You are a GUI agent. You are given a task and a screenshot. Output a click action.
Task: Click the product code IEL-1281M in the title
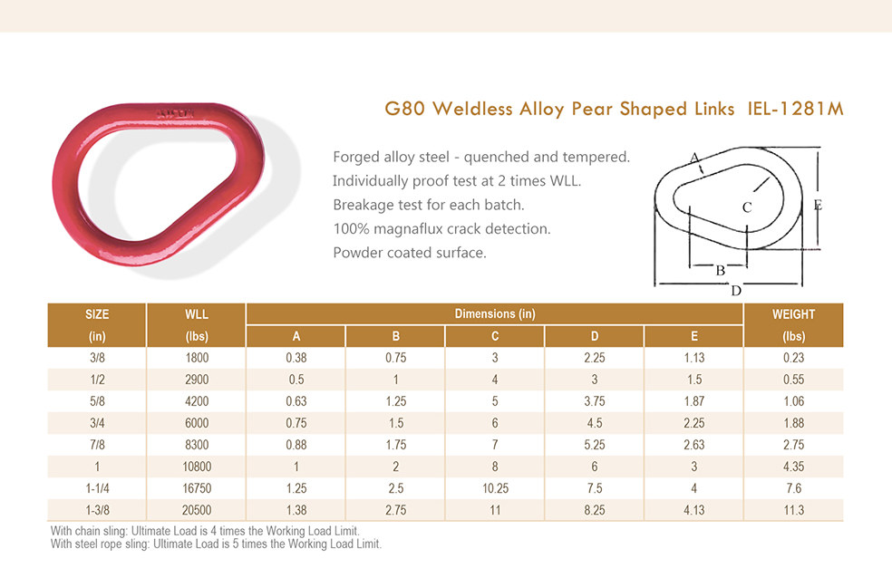pyautogui.click(x=796, y=110)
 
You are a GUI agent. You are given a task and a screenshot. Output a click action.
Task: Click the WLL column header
pyautogui.click(x=196, y=314)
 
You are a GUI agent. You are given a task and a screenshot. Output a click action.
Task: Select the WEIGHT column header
pyautogui.click(x=793, y=314)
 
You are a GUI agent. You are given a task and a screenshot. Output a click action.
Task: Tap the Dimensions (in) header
pyautogui.click(x=495, y=314)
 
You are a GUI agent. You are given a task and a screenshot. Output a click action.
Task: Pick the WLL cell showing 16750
pyautogui.click(x=196, y=488)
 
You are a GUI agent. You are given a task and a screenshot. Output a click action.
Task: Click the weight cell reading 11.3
pyautogui.click(x=793, y=510)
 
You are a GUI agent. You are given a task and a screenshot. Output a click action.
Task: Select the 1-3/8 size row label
pyautogui.click(x=97, y=510)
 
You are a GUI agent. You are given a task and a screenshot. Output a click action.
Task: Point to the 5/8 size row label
pyautogui.click(x=97, y=401)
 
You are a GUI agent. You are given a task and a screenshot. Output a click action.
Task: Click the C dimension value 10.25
pyautogui.click(x=495, y=488)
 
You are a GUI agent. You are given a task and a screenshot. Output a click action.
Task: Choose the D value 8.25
pyautogui.click(x=595, y=510)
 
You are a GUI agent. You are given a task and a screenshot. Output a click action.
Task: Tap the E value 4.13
pyautogui.click(x=694, y=510)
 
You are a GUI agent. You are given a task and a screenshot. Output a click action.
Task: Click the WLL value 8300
pyautogui.click(x=196, y=445)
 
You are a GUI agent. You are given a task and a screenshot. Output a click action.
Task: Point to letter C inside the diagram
pyautogui.click(x=747, y=207)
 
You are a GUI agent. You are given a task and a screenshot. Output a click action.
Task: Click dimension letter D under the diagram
pyautogui.click(x=736, y=291)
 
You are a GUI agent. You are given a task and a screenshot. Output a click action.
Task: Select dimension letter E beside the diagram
pyautogui.click(x=818, y=206)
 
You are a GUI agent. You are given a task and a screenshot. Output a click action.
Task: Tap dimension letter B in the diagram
pyautogui.click(x=721, y=270)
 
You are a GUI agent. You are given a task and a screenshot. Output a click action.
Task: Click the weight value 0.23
pyautogui.click(x=793, y=358)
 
